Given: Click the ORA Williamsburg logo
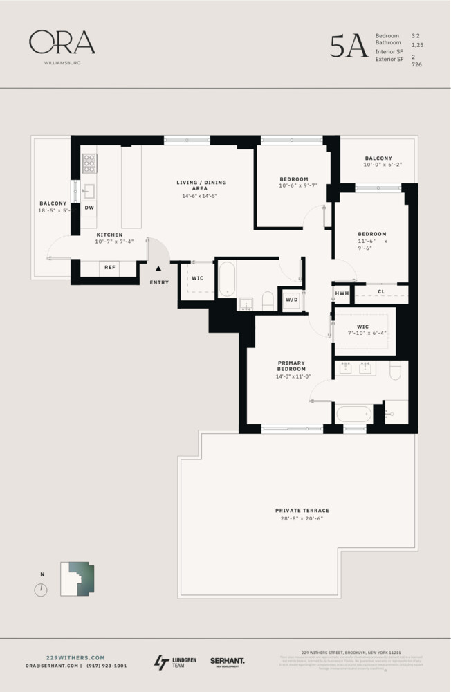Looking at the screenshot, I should [62, 46].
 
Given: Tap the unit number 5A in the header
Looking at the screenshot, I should [348, 46].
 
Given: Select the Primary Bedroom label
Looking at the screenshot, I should [291, 365].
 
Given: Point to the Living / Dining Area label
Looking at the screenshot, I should [201, 185].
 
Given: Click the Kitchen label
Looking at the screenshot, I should [109, 235].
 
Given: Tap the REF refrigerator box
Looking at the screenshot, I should [109, 266].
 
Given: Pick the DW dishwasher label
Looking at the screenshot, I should [89, 208].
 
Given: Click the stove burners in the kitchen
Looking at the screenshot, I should [89, 163].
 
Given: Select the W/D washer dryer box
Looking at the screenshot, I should [291, 300].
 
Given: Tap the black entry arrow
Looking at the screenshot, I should [159, 268].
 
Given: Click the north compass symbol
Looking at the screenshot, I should [42, 589].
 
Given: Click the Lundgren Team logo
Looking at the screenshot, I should [175, 662].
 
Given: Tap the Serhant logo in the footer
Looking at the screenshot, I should [227, 662].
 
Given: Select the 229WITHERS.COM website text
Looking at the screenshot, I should [75, 657].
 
